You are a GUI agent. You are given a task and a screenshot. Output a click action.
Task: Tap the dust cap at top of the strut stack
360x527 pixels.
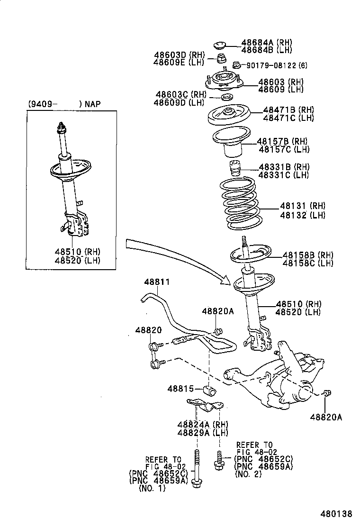[219, 45]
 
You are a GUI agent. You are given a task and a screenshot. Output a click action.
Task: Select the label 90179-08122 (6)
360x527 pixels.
[270, 65]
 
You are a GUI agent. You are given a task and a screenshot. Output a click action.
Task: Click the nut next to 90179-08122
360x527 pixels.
[236, 65]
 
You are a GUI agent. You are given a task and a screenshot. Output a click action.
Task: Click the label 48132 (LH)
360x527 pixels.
[302, 215]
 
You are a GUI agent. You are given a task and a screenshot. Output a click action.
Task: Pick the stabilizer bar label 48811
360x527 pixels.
[156, 282]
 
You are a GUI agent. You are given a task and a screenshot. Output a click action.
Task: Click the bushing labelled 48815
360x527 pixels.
[210, 390]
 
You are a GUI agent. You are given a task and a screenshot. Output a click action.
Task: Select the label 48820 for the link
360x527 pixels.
[148, 330]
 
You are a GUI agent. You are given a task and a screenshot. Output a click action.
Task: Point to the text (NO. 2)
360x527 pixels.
[248, 474]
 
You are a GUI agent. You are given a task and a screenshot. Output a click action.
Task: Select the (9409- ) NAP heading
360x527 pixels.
[64, 103]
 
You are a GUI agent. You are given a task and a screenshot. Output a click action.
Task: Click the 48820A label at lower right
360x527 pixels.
[325, 417]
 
